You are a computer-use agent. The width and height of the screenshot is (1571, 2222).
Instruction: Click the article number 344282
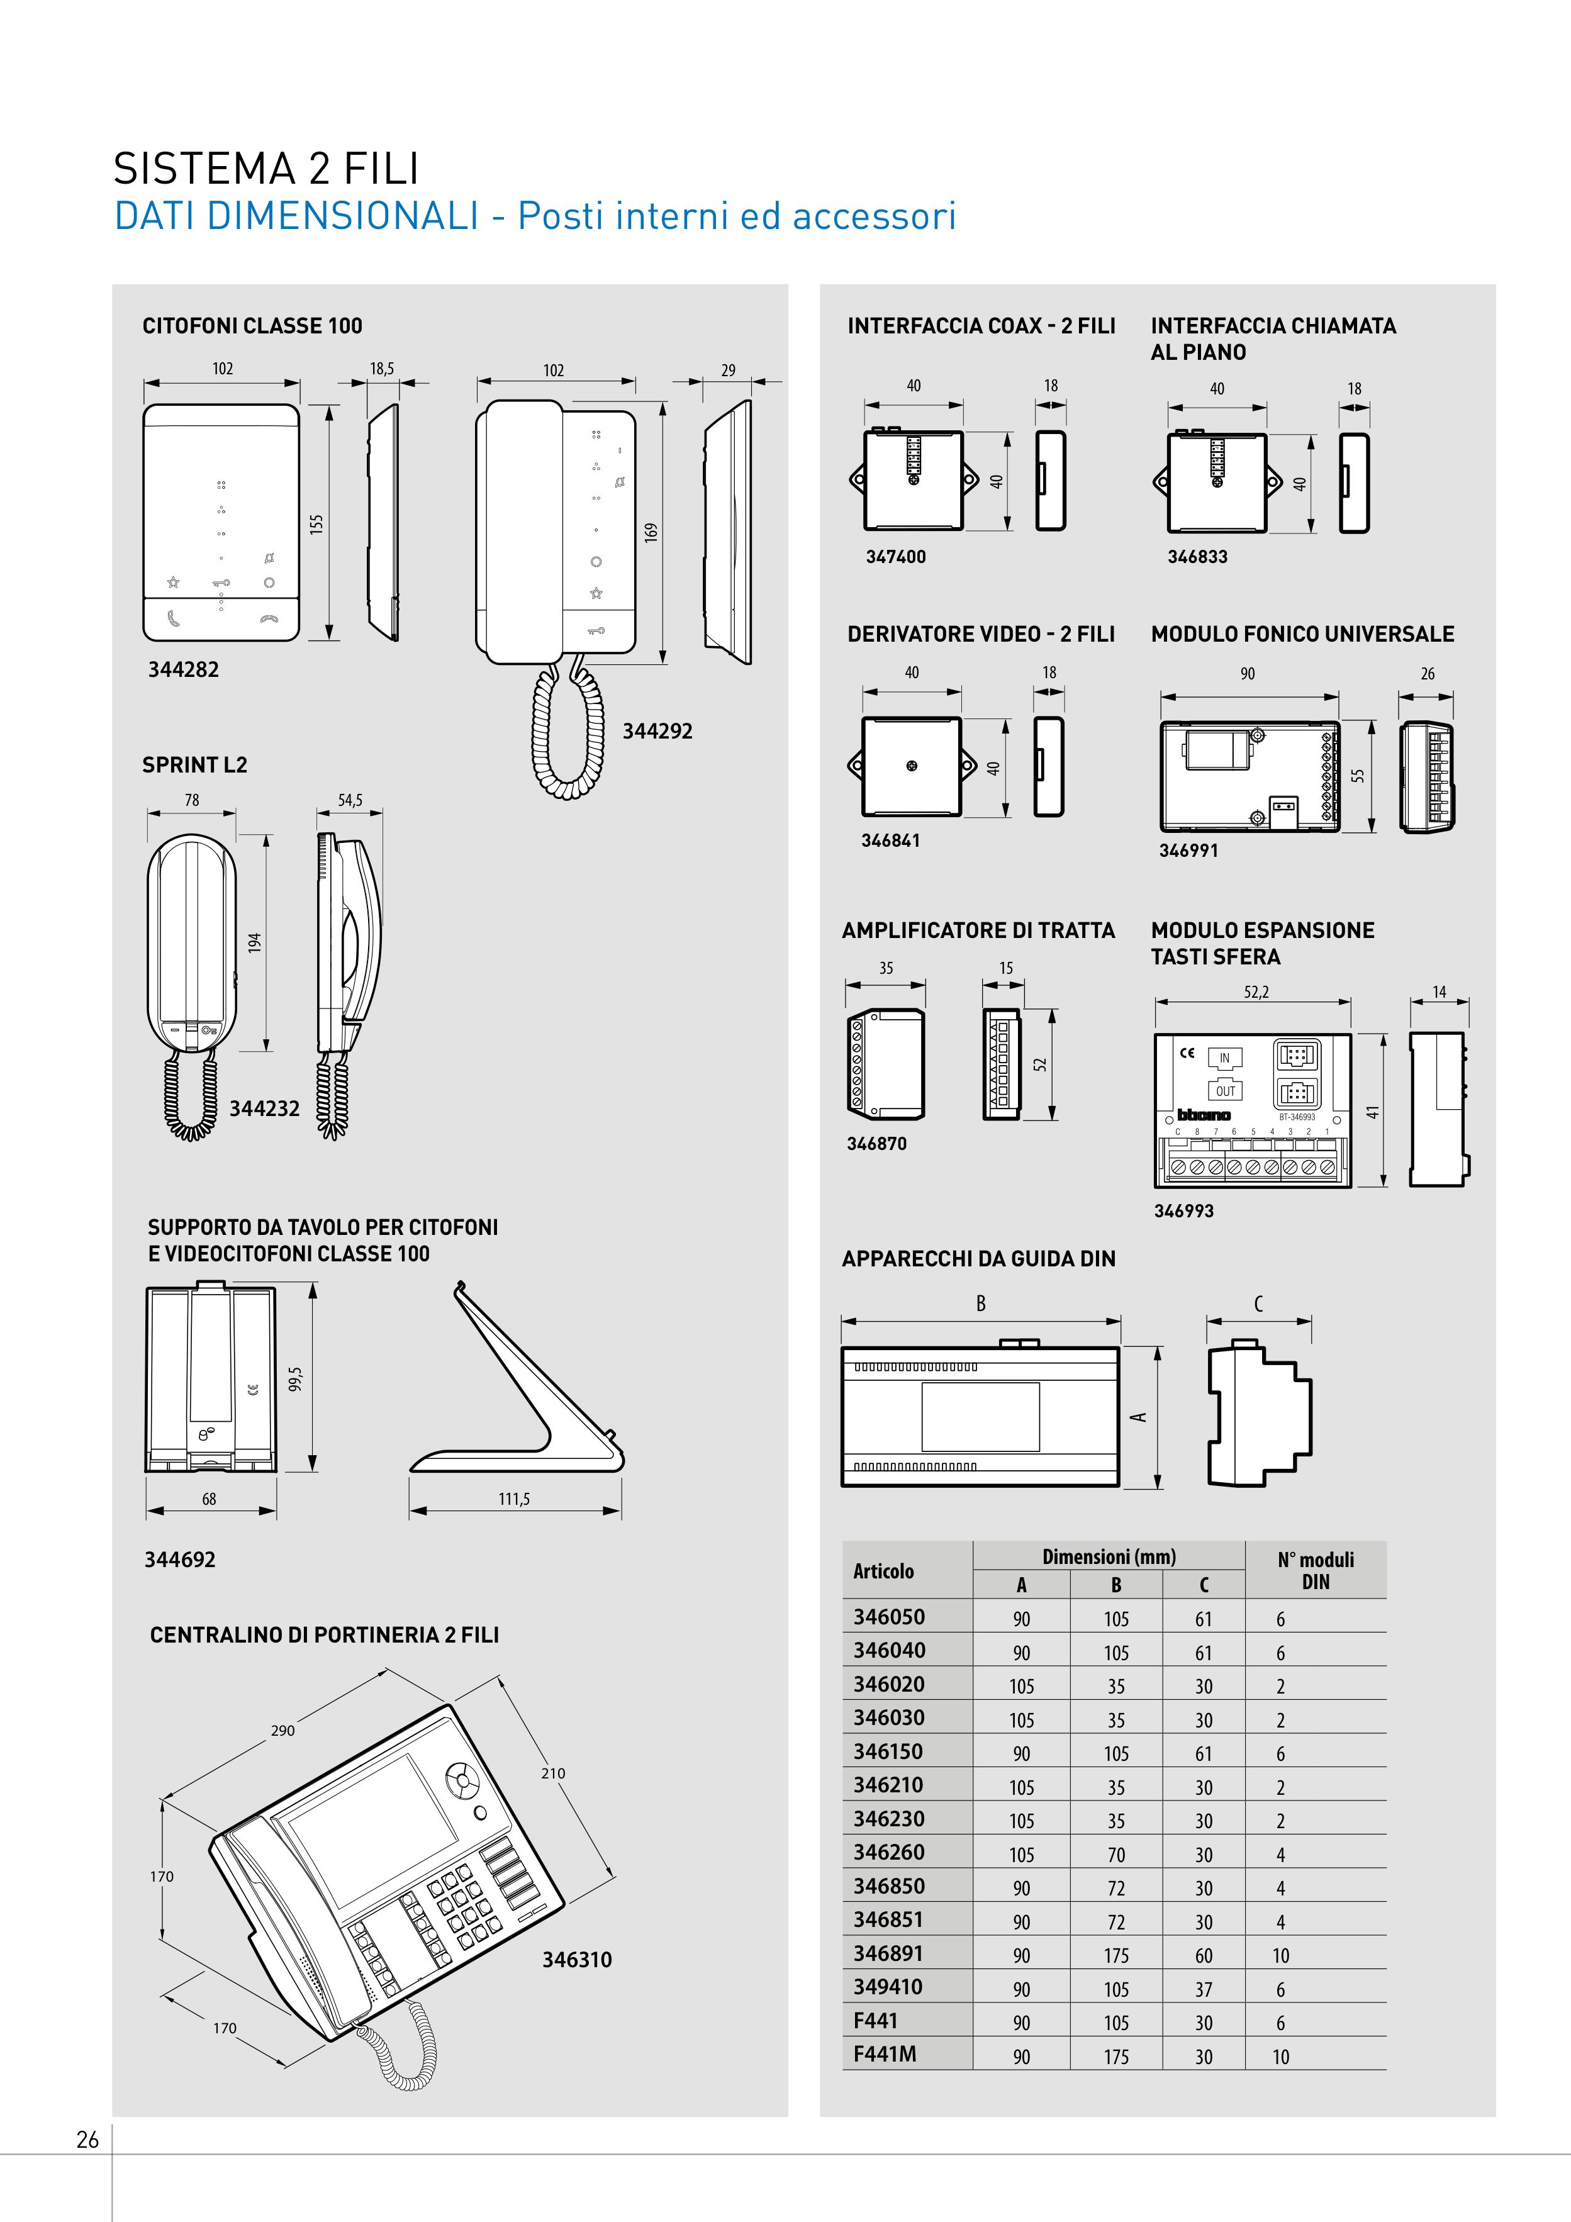coord(183,670)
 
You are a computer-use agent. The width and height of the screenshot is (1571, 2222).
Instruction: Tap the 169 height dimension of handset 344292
coord(651,532)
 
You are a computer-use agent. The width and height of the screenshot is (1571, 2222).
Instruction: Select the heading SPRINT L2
coord(194,764)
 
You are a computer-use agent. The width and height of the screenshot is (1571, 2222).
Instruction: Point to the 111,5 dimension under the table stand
coord(514,1499)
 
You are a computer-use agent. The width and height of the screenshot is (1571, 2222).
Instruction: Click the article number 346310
coord(577,1960)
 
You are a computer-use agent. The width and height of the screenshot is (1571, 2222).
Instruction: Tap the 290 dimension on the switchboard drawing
coord(282,1731)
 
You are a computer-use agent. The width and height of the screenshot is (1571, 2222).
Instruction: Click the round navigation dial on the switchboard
coord(462,1778)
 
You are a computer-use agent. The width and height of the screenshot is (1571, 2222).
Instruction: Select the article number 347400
coord(895,557)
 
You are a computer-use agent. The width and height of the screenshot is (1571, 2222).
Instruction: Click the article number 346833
coord(1197,557)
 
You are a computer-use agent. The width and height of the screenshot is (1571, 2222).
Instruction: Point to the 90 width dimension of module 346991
coord(1248,674)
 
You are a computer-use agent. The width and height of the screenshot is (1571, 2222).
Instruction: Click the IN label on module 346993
coord(1224,1058)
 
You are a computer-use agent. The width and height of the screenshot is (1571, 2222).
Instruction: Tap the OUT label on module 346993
coord(1226,1091)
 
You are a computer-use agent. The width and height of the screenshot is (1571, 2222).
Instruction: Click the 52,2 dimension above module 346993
coord(1256,992)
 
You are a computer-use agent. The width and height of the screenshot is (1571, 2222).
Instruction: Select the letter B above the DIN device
coord(981,1304)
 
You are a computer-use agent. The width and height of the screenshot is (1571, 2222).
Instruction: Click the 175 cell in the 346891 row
coord(1116,1956)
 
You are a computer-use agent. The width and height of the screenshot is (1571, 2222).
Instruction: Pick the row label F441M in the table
coord(885,2053)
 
